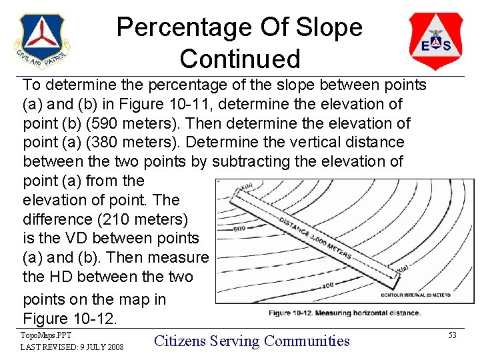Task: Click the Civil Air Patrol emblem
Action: pyautogui.click(x=42, y=41)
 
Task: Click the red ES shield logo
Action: pyautogui.click(x=435, y=41)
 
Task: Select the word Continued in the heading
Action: pyautogui.click(x=240, y=59)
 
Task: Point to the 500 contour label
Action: pyautogui.click(x=241, y=229)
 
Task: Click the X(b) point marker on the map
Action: pyautogui.click(x=246, y=185)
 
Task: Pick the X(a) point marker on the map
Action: pyautogui.click(x=403, y=269)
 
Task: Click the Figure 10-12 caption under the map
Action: pyautogui.click(x=344, y=313)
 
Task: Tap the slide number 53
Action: pyautogui.click(x=452, y=335)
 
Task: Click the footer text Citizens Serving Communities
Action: pyautogui.click(x=252, y=341)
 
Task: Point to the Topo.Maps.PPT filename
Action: pyautogui.click(x=45, y=335)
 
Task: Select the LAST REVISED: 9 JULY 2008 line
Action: pyautogui.click(x=71, y=347)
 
